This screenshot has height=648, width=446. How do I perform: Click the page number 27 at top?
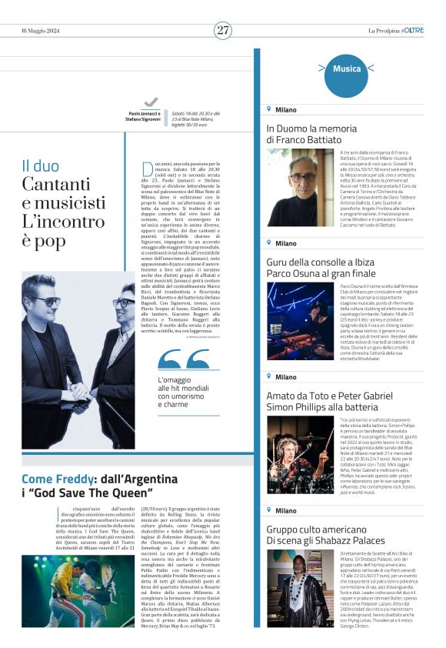click(x=223, y=30)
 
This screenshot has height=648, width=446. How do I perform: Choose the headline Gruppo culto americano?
click(x=315, y=529)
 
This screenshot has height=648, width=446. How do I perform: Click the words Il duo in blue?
click(x=40, y=165)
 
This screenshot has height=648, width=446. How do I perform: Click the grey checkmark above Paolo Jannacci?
click(x=151, y=102)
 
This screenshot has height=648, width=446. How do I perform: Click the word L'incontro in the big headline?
click(x=63, y=222)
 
